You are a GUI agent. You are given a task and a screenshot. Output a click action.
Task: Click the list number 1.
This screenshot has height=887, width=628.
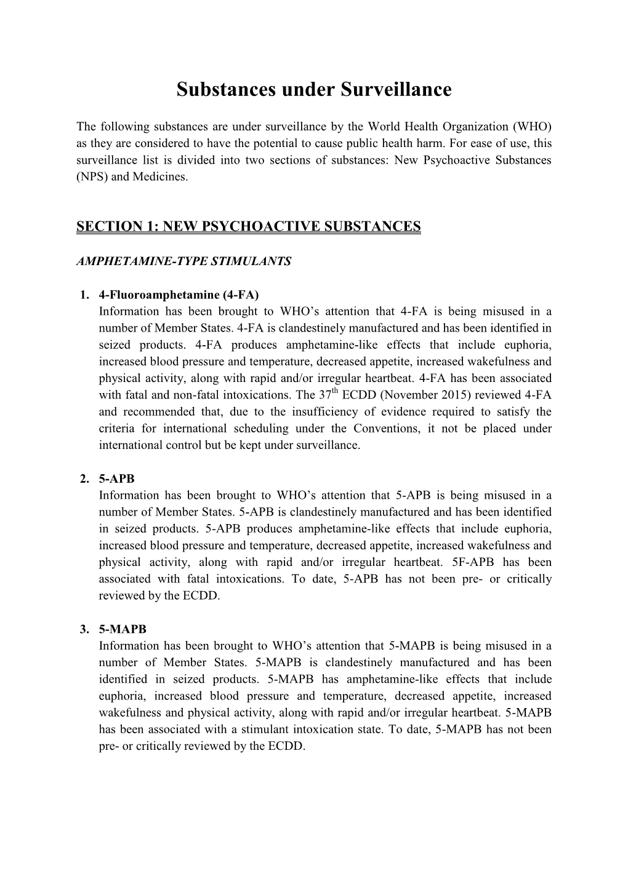point(85,295)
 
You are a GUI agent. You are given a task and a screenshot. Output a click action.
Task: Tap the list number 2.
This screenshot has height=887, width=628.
point(85,479)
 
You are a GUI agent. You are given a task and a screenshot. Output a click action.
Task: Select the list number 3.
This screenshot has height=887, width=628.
point(85,629)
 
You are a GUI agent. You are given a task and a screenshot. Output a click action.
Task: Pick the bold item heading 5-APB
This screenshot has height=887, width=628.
point(116,479)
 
